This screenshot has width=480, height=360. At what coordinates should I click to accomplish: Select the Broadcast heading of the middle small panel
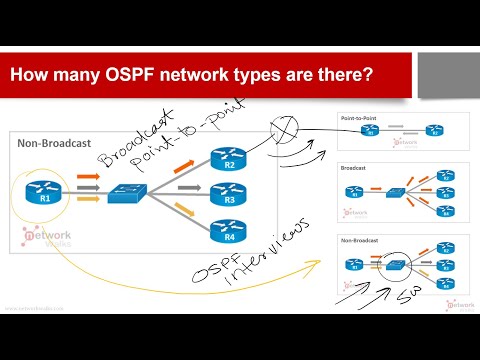click(351, 170)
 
